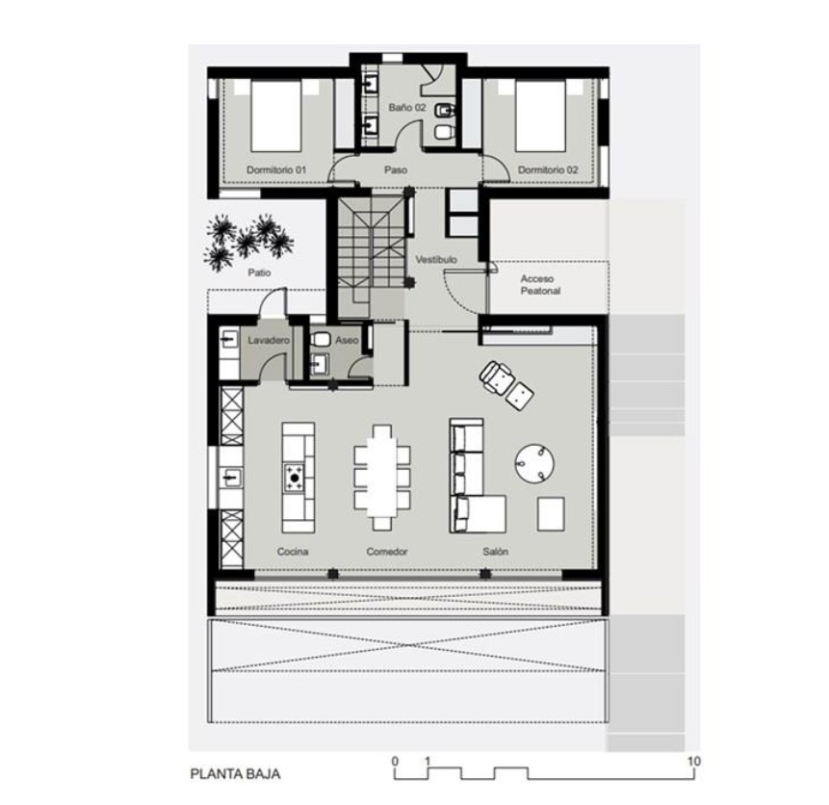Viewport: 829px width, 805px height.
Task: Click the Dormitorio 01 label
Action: [276, 169]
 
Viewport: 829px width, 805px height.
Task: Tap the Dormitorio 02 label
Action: [548, 169]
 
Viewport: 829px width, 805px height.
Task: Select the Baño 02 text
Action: [407, 108]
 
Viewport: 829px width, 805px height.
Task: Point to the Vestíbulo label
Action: [436, 260]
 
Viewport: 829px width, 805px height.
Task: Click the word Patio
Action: [259, 273]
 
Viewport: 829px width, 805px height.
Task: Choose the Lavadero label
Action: [269, 340]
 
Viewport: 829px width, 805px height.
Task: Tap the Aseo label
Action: [347, 340]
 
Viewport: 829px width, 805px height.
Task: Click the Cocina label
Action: [293, 552]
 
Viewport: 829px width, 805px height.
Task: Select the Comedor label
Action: [387, 552]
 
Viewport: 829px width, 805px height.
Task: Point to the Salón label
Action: [496, 552]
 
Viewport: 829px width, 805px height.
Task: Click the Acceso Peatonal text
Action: [540, 285]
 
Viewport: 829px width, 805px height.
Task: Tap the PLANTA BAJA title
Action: [235, 774]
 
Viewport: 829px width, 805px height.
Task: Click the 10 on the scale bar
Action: [693, 761]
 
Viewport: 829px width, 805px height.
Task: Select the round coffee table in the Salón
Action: [534, 463]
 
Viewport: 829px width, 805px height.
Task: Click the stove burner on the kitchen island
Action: [295, 479]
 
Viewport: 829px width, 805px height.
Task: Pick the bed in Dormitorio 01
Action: [276, 116]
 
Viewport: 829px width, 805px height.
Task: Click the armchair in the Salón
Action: [498, 377]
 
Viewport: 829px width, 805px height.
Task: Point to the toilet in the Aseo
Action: [320, 340]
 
